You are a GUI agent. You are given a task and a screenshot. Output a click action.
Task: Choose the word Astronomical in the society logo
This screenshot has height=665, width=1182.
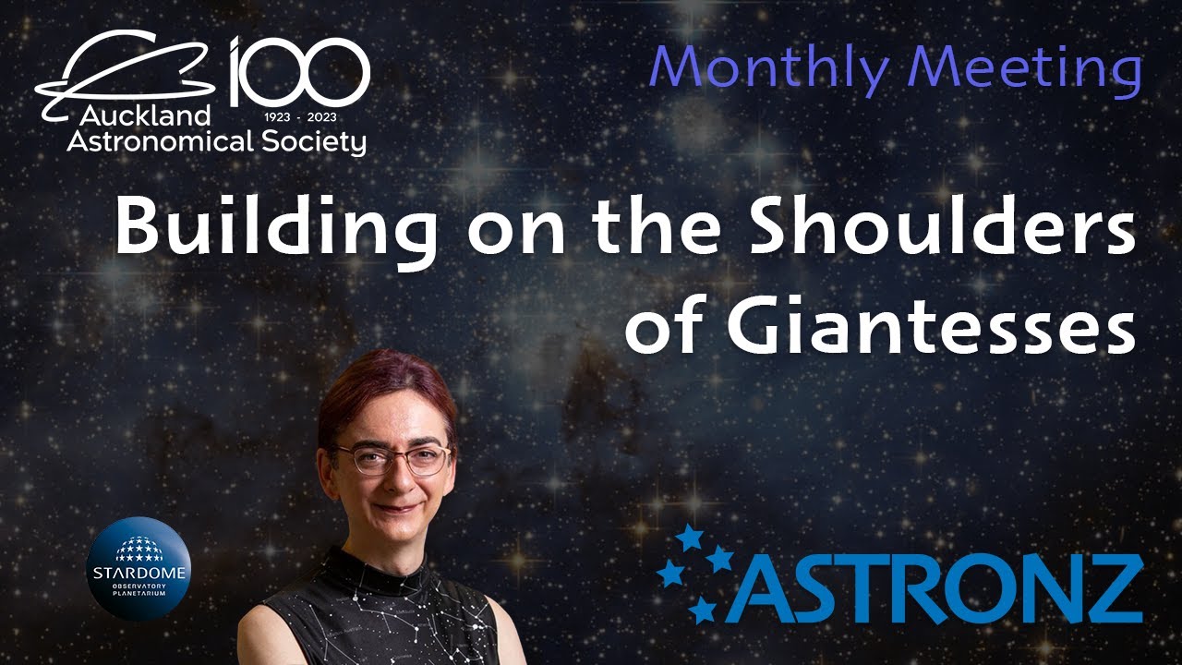click(140, 140)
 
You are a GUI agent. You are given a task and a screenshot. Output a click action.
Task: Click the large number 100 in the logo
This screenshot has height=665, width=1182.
click(300, 71)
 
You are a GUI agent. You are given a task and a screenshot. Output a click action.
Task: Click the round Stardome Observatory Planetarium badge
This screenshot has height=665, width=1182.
click(138, 568)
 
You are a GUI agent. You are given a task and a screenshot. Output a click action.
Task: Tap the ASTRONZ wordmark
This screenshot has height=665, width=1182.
click(933, 587)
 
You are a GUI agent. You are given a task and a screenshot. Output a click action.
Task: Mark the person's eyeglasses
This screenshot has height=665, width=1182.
click(392, 458)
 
